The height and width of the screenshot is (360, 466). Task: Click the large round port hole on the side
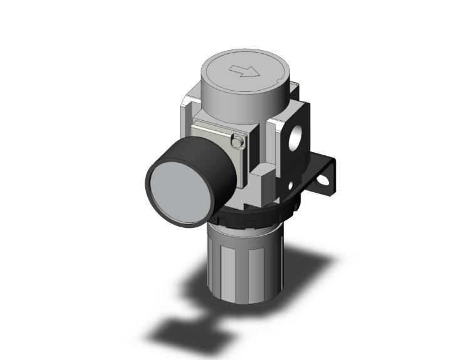[x=296, y=136]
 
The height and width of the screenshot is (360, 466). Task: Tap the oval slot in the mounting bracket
[x=324, y=182]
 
